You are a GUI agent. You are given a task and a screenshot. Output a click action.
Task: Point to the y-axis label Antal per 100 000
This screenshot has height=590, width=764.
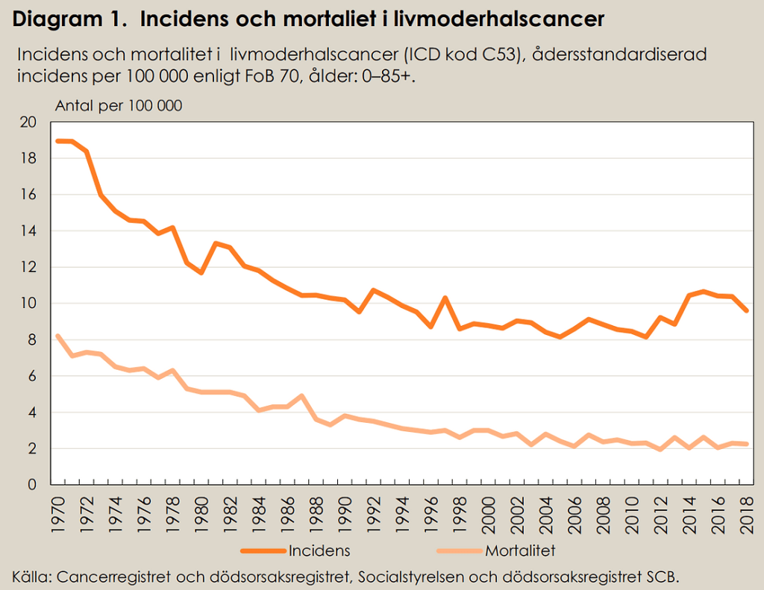tap(119, 106)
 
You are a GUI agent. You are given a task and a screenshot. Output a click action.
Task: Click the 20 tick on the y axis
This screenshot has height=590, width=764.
tap(27, 122)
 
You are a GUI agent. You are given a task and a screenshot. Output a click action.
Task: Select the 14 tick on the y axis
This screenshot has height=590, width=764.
tap(27, 231)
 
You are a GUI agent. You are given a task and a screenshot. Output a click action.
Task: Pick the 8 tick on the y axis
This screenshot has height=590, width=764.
tap(31, 340)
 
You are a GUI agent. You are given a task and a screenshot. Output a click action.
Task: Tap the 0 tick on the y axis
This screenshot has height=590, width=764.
tap(31, 485)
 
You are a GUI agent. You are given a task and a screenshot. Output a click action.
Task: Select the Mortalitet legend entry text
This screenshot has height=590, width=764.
tap(520, 551)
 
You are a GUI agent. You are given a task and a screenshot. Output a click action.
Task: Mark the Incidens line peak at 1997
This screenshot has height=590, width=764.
tap(445, 298)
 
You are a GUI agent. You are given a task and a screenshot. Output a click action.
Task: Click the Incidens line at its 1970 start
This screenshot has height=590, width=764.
tap(58, 141)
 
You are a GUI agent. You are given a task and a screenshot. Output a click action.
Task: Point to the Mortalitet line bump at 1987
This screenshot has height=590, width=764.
tap(301, 396)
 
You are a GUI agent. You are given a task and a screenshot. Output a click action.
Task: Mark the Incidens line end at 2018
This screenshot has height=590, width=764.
tap(746, 310)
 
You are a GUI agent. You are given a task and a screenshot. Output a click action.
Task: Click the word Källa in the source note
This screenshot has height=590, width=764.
tap(31, 576)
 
